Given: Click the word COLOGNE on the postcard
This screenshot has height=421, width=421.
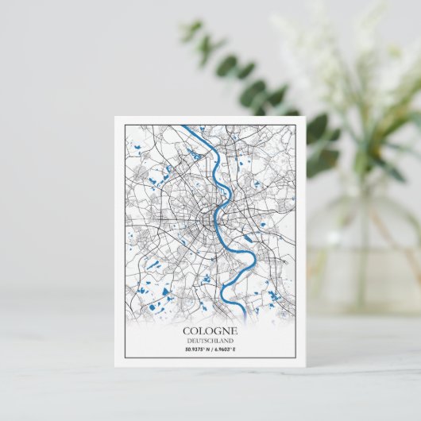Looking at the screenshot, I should click(210, 330).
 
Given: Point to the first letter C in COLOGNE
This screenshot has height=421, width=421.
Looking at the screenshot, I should click(187, 330).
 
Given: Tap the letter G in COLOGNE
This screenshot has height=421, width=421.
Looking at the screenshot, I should click(218, 330).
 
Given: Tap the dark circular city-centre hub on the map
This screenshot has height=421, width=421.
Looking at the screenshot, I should click(211, 217).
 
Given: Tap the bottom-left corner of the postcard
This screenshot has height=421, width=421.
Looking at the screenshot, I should click(114, 367).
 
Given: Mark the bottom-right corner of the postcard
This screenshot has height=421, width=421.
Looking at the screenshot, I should click(306, 367).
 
